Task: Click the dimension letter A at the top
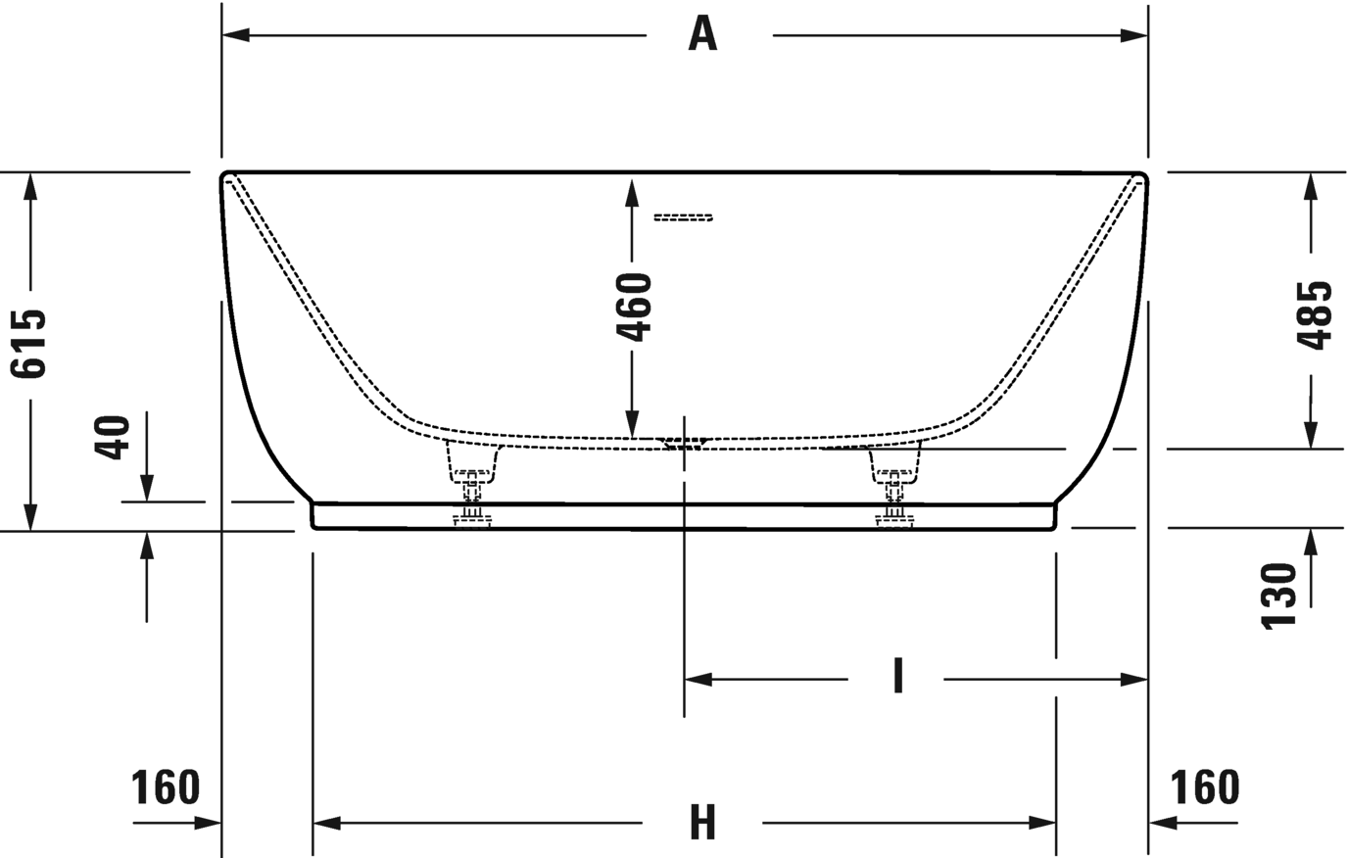pos(702,35)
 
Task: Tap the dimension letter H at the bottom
pos(702,823)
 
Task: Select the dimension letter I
pos(897,677)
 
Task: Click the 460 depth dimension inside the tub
pos(634,308)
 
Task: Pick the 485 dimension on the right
pos(1314,315)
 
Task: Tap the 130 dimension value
pos(1278,596)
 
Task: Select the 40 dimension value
pos(114,438)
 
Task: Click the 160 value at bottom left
pos(166,787)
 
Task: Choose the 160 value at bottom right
pos(1205,787)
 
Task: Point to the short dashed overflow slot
pos(683,217)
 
